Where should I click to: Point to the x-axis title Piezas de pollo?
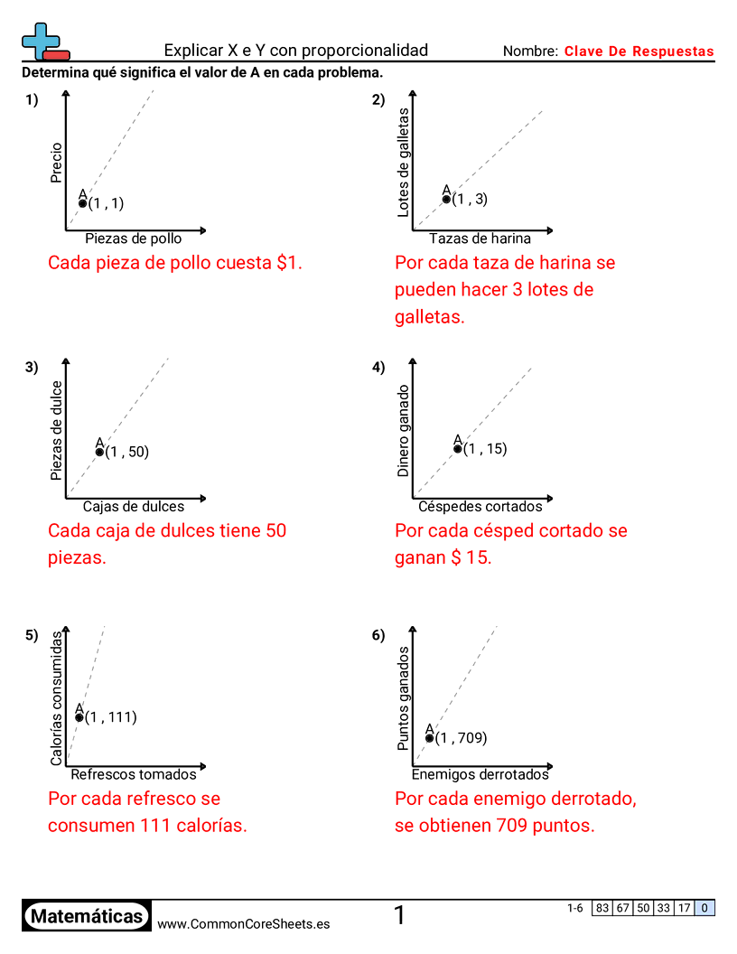133,238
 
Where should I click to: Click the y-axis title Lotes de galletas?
404,163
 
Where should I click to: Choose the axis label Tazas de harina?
480,238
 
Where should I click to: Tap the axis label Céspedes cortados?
480,506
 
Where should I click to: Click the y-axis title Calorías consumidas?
57,698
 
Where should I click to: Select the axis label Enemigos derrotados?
480,774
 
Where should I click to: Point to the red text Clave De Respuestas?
639,51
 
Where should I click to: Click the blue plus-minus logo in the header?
44,41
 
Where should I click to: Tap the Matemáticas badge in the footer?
87,916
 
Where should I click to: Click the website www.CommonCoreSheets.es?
243,924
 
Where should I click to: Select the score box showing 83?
602,908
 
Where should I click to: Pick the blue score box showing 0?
704,908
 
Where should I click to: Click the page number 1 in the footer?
399,916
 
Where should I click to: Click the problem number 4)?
378,367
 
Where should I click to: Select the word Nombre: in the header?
530,51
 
